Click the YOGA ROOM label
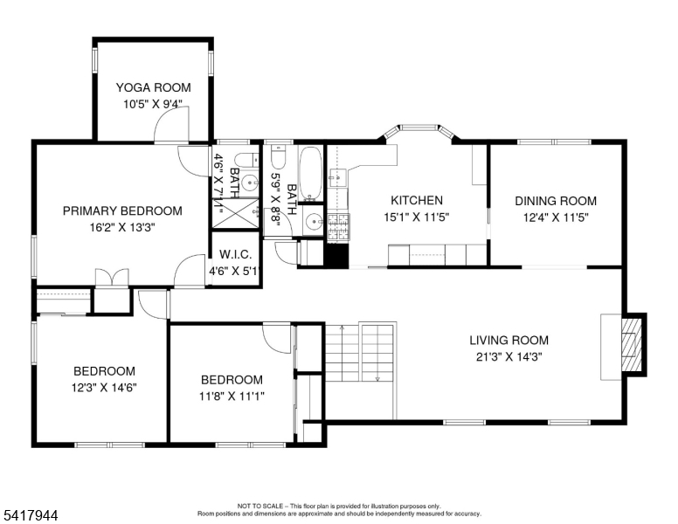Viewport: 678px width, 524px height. pos(154,87)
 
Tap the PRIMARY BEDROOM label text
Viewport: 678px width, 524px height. pos(122,211)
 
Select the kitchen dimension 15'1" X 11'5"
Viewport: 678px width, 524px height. pos(417,217)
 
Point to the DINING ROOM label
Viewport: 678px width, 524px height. pos(556,201)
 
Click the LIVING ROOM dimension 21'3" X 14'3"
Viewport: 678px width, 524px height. pos(508,357)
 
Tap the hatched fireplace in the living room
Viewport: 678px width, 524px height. pos(631,345)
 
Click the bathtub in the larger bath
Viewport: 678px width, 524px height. pos(311,173)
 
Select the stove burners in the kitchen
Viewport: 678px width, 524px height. pos(339,226)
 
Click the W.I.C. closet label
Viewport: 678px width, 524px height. pos(235,254)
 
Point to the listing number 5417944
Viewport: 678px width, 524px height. pos(31,515)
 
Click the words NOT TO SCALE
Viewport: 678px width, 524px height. pos(259,506)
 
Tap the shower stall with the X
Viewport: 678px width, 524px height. pos(235,213)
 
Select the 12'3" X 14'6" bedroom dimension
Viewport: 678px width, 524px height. pos(104,388)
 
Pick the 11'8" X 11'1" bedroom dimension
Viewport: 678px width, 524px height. pos(232,396)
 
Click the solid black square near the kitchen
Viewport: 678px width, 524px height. pos(336,256)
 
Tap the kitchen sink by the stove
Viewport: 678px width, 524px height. pos(336,176)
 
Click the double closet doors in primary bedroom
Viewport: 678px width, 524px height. pos(112,277)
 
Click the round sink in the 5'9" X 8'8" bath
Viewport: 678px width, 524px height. pos(314,222)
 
